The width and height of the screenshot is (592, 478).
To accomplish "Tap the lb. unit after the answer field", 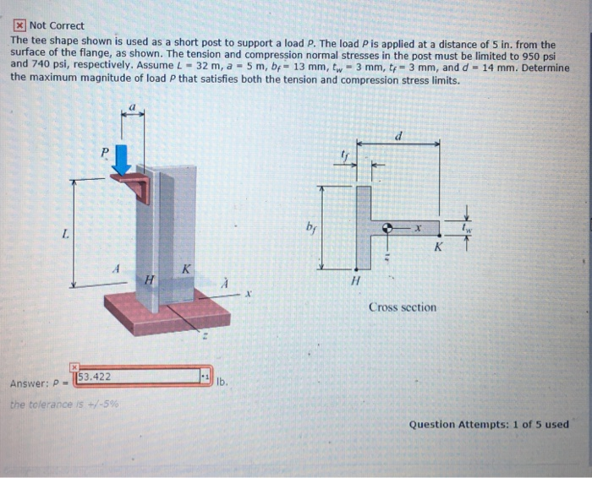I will pyautogui.click(x=222, y=382).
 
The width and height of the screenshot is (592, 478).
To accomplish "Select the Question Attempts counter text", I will pyautogui.click(x=489, y=424).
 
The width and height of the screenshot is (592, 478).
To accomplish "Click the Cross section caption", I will pyautogui.click(x=403, y=307).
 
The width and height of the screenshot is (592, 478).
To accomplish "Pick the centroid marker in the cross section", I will pyautogui.click(x=387, y=228).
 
